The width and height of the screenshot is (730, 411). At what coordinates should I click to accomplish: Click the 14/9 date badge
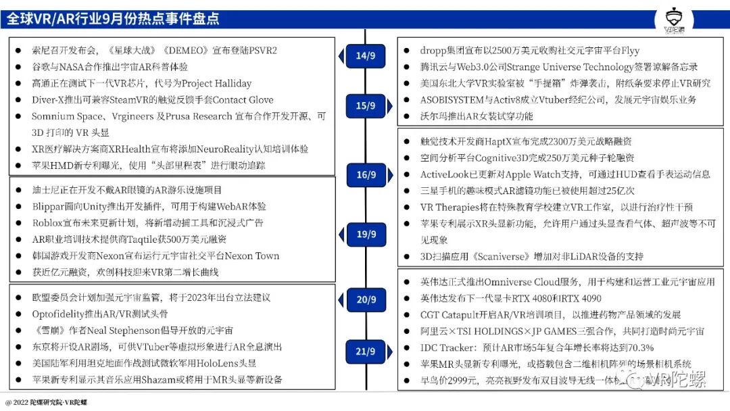[x=366, y=55]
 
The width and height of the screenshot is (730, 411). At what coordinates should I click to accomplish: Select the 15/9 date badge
[x=366, y=106]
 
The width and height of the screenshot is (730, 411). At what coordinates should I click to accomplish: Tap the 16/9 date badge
[x=366, y=175]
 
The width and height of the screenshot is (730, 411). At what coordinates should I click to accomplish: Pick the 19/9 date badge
[x=366, y=234]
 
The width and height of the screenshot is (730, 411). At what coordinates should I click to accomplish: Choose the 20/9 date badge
[x=366, y=299]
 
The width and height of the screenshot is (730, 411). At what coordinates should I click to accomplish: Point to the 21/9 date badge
[x=366, y=352]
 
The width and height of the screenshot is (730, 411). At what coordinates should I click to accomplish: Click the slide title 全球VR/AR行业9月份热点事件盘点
[x=114, y=18]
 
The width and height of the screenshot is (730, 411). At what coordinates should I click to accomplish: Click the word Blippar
[x=49, y=206]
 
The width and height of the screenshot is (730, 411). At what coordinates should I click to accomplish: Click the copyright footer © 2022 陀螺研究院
[x=49, y=402]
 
